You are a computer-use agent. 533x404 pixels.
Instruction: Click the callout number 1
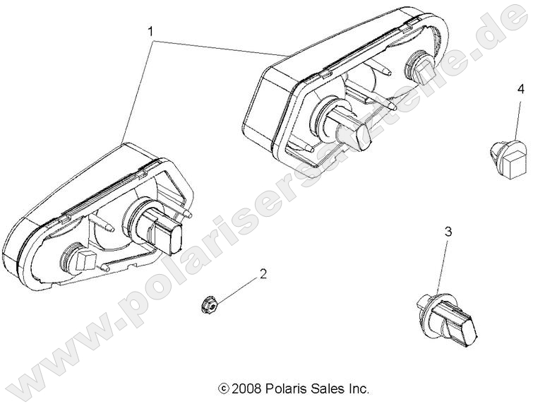[x=150, y=31]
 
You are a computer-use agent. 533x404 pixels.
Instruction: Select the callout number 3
[x=446, y=232]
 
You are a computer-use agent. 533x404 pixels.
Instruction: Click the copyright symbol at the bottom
[x=224, y=388]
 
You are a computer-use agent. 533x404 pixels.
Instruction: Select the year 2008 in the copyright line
[x=246, y=388]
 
